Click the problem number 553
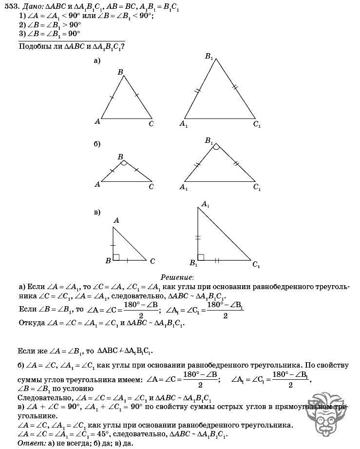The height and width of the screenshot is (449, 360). [x=8, y=6]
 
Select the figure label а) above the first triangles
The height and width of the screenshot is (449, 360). [x=96, y=61]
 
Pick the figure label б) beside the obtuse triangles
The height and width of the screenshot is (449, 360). [x=96, y=144]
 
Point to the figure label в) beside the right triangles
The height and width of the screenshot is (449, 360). [x=96, y=212]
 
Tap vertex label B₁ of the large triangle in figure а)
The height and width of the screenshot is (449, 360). [x=209, y=57]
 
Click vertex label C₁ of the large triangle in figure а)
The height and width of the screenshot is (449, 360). [x=257, y=124]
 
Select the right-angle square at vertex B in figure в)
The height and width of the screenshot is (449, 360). [x=116, y=257]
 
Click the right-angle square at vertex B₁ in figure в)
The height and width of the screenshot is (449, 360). [x=201, y=257]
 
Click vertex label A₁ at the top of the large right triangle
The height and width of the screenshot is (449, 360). [x=205, y=204]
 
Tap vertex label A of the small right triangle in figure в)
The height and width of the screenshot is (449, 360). [x=116, y=220]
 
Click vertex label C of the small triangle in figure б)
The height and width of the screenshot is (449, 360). [x=151, y=186]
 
